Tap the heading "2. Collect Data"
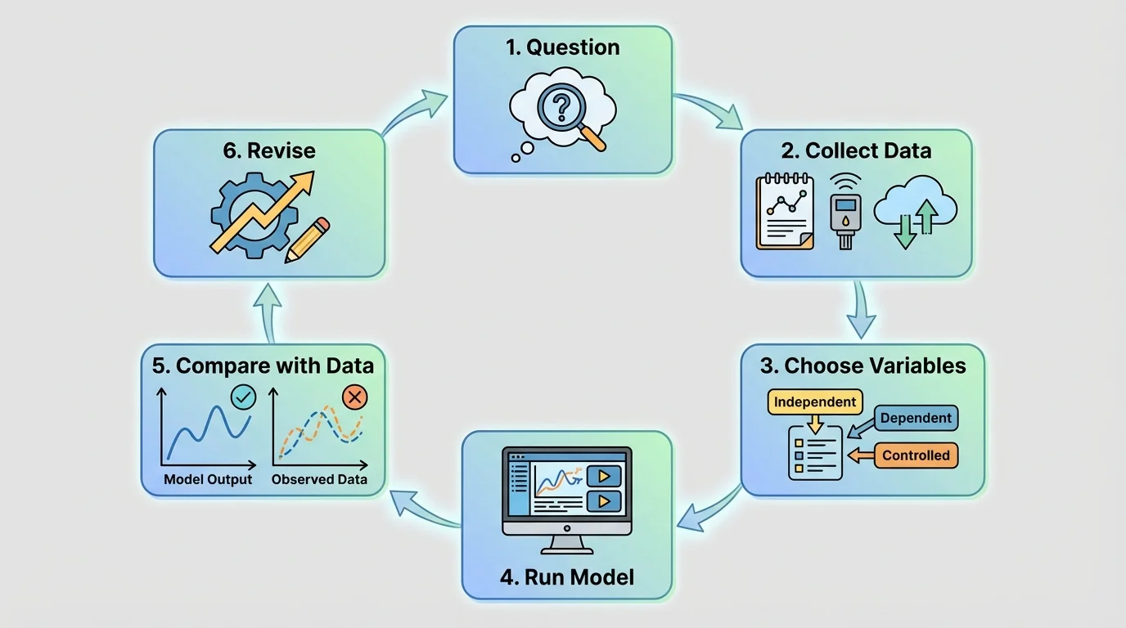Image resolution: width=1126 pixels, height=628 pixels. (x=857, y=150)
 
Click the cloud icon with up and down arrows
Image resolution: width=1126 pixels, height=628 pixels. (x=916, y=212)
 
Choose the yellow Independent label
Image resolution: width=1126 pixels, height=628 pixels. (x=815, y=402)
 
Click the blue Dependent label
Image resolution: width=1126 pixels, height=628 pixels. (x=916, y=418)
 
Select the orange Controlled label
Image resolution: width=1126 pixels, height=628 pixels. (x=916, y=455)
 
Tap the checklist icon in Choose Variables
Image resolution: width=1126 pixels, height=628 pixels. (x=815, y=452)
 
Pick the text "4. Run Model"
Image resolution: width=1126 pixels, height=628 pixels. (x=566, y=577)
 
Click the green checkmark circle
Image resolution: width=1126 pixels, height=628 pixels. (x=244, y=398)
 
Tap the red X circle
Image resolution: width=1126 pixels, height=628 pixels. (x=354, y=398)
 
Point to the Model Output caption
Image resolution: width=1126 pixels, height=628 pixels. (x=208, y=480)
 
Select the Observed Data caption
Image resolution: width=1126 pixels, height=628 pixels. (x=319, y=480)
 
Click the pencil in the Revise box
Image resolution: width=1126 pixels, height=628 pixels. (x=308, y=240)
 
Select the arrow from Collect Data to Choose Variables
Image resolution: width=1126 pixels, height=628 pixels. (x=858, y=309)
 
